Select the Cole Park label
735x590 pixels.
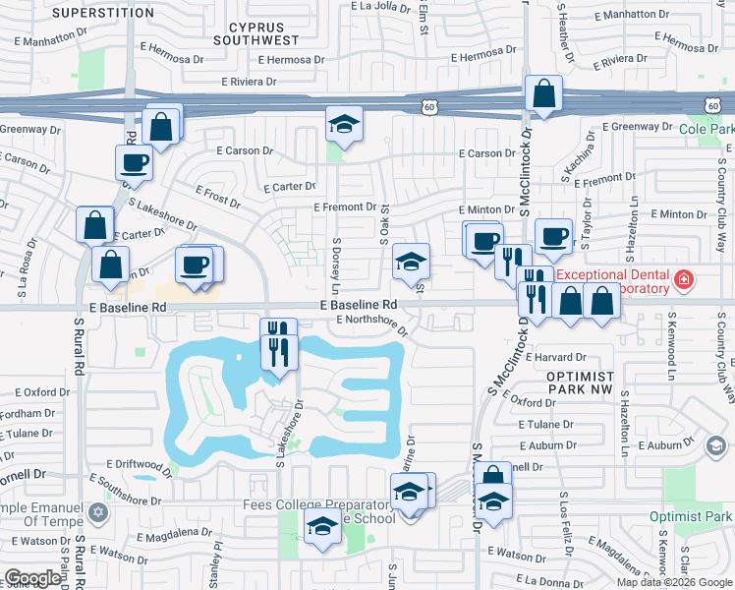707,129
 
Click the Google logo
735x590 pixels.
32,578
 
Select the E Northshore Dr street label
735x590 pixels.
372,320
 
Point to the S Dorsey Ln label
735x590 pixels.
336,266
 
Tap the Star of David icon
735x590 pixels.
96,512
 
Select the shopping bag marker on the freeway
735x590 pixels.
543,94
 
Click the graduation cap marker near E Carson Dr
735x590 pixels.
344,124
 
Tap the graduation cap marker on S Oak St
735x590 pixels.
411,262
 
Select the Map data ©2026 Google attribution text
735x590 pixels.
674,582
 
